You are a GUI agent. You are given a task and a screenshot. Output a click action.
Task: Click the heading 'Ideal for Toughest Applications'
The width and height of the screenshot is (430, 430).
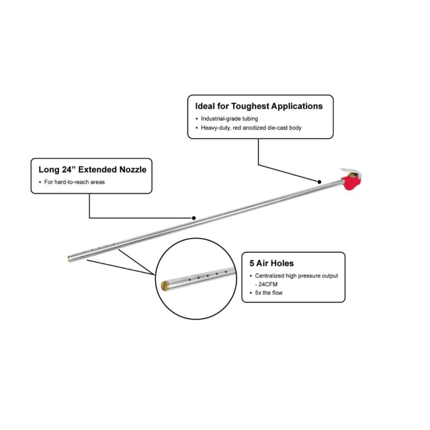259,106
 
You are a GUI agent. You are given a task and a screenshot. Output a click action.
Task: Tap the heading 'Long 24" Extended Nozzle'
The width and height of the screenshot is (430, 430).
93,169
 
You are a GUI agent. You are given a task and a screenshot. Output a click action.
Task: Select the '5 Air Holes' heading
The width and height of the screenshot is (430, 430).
271,263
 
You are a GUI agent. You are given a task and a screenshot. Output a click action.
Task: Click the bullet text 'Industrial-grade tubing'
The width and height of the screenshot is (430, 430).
229,119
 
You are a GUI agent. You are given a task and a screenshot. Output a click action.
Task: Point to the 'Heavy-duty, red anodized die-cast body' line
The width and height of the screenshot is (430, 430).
251,128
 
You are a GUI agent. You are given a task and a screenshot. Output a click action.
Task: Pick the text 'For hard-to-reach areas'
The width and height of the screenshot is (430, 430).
75,182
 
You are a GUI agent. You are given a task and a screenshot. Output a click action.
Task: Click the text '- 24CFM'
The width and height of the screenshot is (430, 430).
266,284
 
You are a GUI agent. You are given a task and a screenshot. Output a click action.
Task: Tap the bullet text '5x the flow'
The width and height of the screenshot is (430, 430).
269,293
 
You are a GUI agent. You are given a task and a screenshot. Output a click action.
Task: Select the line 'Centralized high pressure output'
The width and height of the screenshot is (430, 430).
296,276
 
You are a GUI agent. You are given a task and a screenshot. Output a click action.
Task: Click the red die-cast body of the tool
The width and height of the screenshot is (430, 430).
351,183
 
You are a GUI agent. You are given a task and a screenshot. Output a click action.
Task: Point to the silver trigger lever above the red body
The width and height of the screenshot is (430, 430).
351,172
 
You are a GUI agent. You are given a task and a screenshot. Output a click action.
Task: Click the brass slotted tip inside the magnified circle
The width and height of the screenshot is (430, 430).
165,286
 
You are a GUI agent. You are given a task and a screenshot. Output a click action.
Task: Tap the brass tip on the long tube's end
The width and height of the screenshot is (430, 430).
69,259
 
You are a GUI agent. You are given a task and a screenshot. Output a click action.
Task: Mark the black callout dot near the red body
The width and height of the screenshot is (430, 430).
319,182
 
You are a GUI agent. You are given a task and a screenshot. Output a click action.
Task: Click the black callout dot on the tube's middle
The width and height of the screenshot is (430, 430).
194,218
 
